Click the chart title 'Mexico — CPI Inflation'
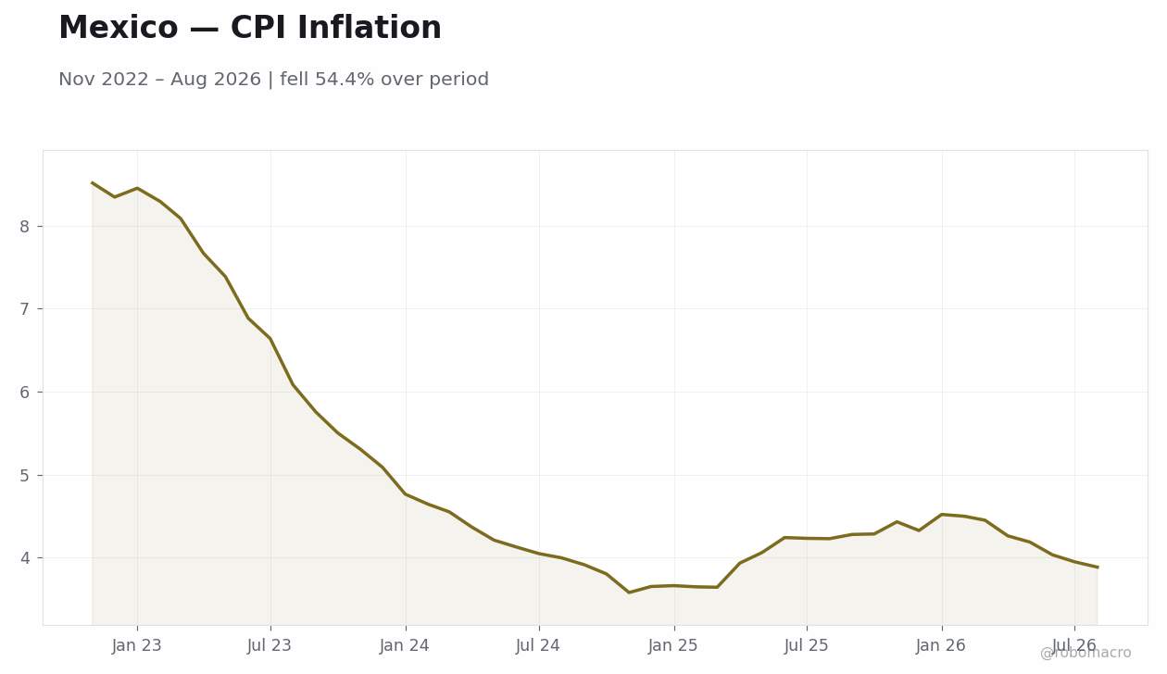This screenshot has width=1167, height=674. (x=250, y=28)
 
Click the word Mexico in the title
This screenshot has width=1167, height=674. (x=119, y=28)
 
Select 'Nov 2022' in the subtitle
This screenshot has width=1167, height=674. (x=104, y=80)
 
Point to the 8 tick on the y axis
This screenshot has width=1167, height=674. (x=24, y=227)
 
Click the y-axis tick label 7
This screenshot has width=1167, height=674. (x=24, y=309)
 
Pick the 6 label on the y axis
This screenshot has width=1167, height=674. (x=24, y=393)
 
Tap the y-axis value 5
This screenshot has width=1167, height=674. (x=24, y=476)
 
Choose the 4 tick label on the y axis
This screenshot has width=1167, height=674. (x=24, y=558)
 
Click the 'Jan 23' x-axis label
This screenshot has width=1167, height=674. (x=137, y=646)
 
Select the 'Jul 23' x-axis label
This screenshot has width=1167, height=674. (x=270, y=646)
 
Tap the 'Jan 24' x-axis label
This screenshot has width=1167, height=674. (x=405, y=646)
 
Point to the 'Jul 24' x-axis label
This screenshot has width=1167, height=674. (x=538, y=646)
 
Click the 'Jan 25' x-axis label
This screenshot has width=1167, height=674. (x=673, y=646)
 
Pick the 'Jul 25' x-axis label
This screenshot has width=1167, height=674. (x=807, y=646)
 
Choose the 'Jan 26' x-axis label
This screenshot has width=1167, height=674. (x=941, y=646)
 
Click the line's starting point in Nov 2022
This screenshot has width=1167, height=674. (x=93, y=182)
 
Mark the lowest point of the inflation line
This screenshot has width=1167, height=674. (x=630, y=593)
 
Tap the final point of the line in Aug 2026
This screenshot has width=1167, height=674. (x=1098, y=568)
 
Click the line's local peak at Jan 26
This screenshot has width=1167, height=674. (x=942, y=515)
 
